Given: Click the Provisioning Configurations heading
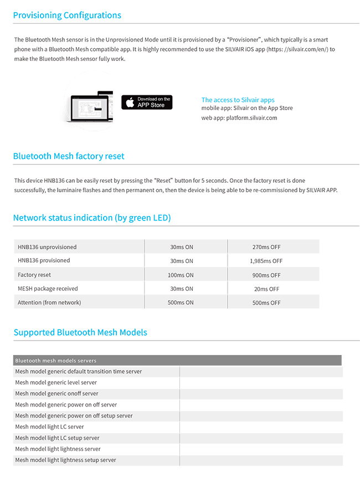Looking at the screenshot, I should [67, 15].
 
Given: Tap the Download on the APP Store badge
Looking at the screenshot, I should [147, 102].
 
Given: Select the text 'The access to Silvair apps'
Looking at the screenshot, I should [238, 100].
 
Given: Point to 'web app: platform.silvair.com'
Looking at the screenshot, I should [239, 117].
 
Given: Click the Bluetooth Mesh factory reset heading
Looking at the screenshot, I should [69, 156].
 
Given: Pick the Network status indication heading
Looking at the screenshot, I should [92, 218].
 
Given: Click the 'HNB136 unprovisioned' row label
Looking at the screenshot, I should [47, 247].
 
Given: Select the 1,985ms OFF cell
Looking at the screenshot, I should [266, 261].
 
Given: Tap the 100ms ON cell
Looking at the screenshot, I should [181, 275].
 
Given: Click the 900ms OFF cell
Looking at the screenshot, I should [266, 275].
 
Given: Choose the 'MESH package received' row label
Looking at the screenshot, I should [48, 289].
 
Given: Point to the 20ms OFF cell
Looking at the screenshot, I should [266, 289].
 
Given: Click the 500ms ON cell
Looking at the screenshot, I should [181, 302].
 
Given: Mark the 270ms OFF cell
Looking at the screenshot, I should [266, 247].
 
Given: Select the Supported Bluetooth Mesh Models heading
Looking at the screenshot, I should [80, 332].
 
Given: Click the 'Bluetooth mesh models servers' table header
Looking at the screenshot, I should [56, 361].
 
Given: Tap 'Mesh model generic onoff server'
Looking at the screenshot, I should [56, 394].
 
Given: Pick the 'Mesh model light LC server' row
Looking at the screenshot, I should [50, 427].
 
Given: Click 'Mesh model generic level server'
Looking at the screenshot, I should [56, 383].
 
